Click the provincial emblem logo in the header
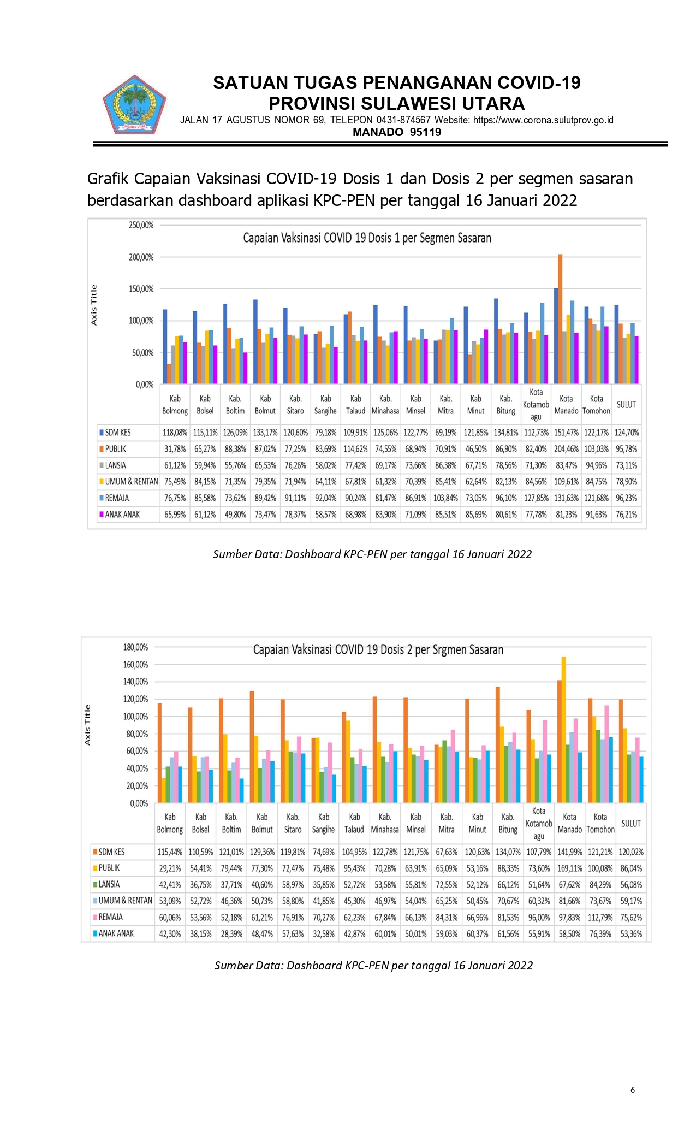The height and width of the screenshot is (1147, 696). tap(134, 105)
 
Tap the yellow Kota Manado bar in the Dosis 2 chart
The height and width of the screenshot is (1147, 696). tap(563, 729)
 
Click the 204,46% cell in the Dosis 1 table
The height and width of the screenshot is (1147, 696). tap(566, 449)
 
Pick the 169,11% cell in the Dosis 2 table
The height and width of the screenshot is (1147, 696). tap(569, 868)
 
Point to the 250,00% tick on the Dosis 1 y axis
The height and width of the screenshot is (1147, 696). tap(141, 225)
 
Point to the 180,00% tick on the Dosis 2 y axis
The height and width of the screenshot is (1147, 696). tap(135, 647)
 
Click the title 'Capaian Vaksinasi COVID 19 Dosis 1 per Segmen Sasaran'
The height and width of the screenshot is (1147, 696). tap(367, 238)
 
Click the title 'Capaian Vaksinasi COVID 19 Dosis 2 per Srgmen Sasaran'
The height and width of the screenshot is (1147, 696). tap(378, 649)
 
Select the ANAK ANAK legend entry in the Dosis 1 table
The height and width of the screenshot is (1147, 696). tap(122, 515)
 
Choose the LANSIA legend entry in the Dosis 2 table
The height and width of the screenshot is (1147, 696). tap(109, 884)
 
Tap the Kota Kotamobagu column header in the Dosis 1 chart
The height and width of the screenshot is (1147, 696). tap(536, 405)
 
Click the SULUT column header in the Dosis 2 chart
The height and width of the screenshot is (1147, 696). tap(631, 823)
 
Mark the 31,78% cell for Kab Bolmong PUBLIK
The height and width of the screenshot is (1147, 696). tap(175, 449)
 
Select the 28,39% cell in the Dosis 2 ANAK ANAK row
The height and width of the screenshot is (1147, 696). tap(231, 934)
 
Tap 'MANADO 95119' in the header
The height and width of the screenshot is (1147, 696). tap(397, 132)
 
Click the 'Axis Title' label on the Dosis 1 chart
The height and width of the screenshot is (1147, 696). tap(94, 305)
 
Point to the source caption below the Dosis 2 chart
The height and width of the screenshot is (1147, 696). tap(373, 965)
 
